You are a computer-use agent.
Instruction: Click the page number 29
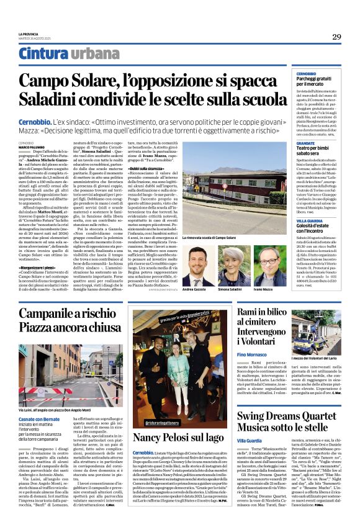tap(336, 37)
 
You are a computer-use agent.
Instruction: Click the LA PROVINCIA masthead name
tap(27, 34)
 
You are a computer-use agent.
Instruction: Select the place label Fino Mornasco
tap(251, 354)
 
